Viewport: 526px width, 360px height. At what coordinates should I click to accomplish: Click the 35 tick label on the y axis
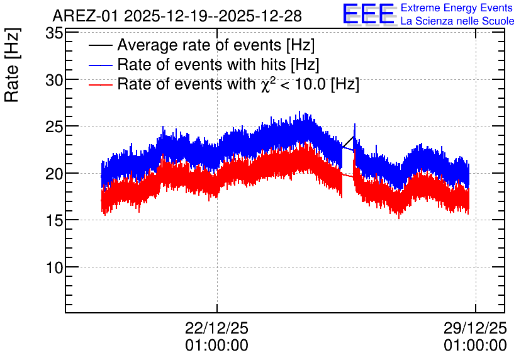point(54,33)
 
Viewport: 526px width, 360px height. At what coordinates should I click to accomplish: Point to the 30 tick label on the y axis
point(54,80)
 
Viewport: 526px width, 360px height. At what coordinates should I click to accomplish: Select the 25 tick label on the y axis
point(54,127)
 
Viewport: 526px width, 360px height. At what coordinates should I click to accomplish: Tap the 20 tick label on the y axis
point(54,174)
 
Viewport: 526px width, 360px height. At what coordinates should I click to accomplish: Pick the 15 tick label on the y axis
point(54,220)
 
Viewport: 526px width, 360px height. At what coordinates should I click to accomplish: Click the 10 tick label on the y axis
point(54,267)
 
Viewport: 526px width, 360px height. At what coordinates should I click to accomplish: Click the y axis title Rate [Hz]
point(12,65)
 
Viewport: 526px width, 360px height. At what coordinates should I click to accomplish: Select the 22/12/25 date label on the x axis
point(216,328)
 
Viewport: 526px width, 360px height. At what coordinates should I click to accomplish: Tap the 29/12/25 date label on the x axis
point(475,328)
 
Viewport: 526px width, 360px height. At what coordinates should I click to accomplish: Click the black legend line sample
point(100,45)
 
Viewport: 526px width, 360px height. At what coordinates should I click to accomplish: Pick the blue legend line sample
point(100,65)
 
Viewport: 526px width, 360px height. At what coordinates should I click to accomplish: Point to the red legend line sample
point(100,84)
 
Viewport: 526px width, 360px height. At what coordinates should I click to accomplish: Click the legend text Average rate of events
point(199,45)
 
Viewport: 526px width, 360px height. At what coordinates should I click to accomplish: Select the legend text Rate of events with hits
point(201,64)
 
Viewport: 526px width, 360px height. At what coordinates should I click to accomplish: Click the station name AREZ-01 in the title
point(86,16)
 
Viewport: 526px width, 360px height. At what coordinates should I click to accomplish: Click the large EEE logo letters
point(369,14)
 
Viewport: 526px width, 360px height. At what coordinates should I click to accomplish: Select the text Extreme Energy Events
point(457,8)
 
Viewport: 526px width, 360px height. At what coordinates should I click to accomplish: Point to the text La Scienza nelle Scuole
point(457,21)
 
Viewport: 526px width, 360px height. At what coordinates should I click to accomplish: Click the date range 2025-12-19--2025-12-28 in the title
point(213,16)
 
